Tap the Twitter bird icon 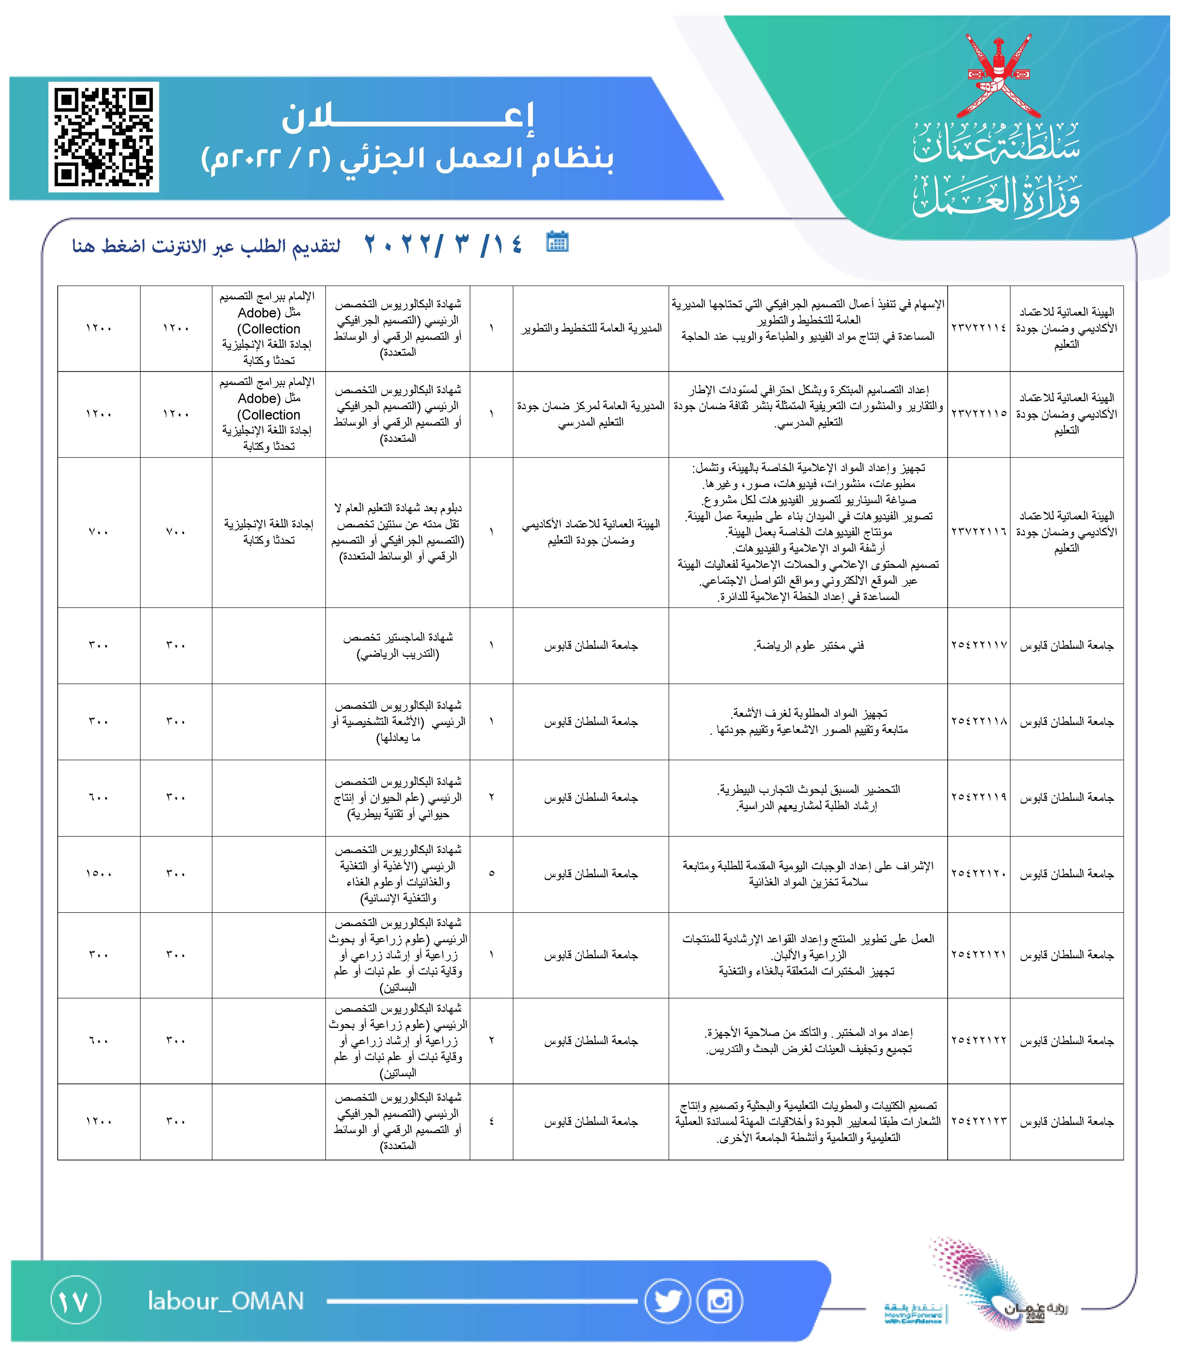tap(667, 1301)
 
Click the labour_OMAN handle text tap(226, 1301)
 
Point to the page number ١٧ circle tap(75, 1301)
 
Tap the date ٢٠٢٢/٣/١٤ tap(443, 245)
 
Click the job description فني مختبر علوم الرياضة tap(808, 645)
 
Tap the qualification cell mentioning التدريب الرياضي tap(398, 645)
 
